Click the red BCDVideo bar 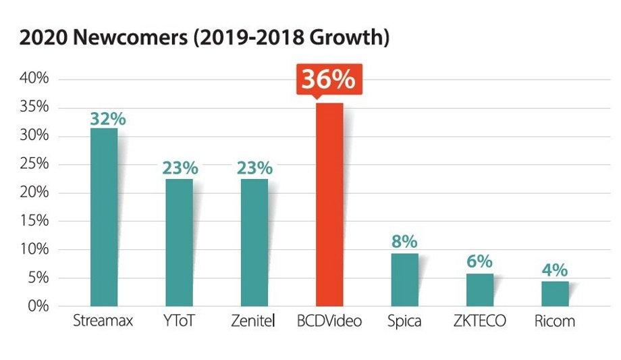(x=329, y=205)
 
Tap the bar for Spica (x=405, y=280)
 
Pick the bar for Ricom (x=555, y=293)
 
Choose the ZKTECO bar (x=480, y=289)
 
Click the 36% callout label (x=328, y=80)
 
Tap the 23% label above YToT (x=179, y=168)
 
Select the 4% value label (x=555, y=271)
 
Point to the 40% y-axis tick (x=34, y=79)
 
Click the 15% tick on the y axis (x=34, y=221)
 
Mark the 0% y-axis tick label (x=38, y=306)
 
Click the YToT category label (x=179, y=321)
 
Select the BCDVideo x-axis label (x=329, y=321)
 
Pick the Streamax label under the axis (x=103, y=321)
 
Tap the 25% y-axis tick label (x=34, y=164)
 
